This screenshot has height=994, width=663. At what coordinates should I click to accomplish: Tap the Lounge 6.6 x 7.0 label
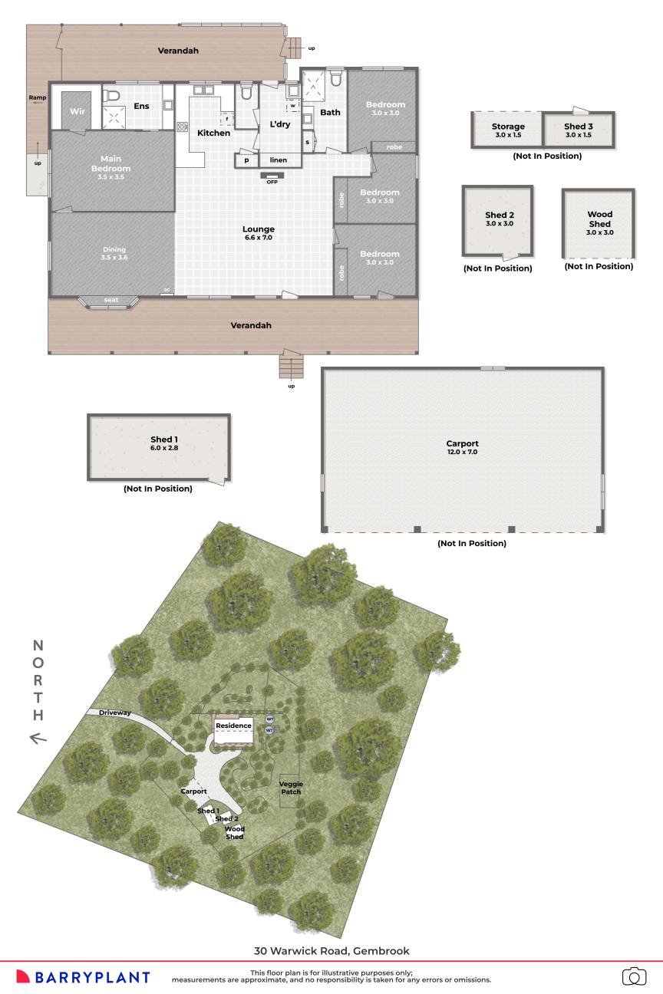(x=259, y=233)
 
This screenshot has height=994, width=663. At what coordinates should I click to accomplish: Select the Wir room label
(x=77, y=112)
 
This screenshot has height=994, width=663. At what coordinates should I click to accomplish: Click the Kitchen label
(x=213, y=133)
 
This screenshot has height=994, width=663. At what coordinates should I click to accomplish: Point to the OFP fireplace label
(x=272, y=182)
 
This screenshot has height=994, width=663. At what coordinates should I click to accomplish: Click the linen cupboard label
(x=278, y=160)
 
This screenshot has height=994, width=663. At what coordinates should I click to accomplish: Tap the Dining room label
(x=114, y=253)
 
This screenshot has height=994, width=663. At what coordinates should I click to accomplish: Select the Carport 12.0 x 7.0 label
(x=462, y=448)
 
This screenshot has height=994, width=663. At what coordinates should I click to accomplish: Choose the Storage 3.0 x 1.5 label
(x=508, y=130)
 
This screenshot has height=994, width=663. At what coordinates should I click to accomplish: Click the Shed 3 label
(x=579, y=130)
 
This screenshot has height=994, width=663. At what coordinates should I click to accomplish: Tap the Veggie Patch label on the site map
(x=291, y=788)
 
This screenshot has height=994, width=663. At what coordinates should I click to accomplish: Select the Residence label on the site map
(x=233, y=726)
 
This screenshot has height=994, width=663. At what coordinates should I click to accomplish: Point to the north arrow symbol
(x=38, y=739)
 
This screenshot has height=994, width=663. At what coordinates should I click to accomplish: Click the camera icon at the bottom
(x=634, y=976)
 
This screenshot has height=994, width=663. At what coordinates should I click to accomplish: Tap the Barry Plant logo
(x=83, y=976)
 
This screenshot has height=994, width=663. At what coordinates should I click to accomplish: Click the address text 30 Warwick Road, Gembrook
(x=331, y=951)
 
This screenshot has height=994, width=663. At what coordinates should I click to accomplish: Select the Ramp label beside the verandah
(x=37, y=97)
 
